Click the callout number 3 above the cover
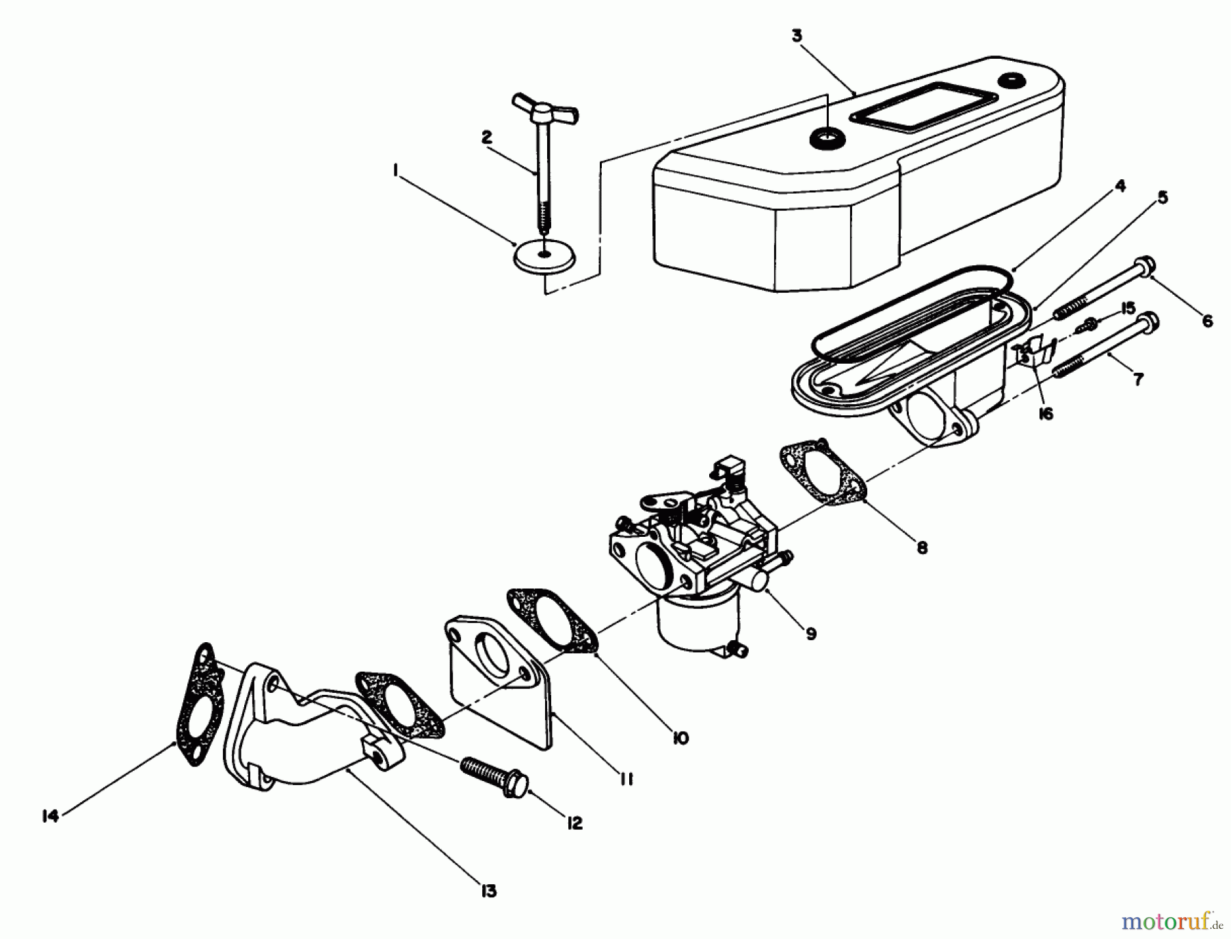click(797, 36)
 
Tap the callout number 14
click(50, 816)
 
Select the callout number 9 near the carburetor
click(810, 634)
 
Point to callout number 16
click(1046, 414)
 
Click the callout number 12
click(574, 823)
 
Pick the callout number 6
click(1207, 320)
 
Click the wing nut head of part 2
click(544, 110)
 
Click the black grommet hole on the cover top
click(827, 139)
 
